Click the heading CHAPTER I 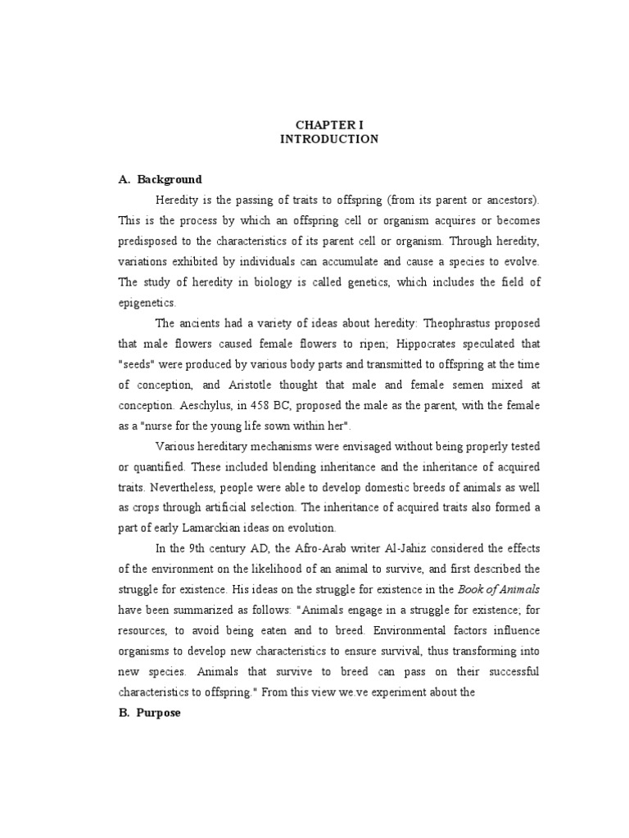pyautogui.click(x=329, y=124)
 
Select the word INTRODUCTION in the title pyautogui.click(x=329, y=139)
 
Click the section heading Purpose pyautogui.click(x=160, y=713)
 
